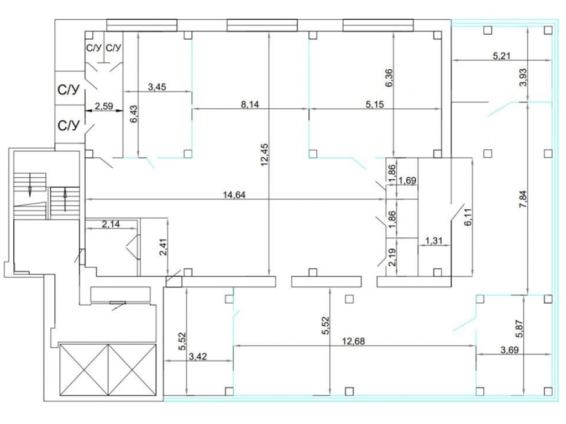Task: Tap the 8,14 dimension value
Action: click(x=250, y=104)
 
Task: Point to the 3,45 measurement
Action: click(x=158, y=87)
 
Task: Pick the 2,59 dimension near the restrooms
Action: click(x=104, y=106)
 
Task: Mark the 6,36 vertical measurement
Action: click(x=389, y=78)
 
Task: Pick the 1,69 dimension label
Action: click(x=407, y=180)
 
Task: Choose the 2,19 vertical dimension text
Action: click(x=392, y=257)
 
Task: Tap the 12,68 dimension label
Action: click(x=354, y=341)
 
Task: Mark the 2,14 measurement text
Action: click(x=111, y=224)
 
